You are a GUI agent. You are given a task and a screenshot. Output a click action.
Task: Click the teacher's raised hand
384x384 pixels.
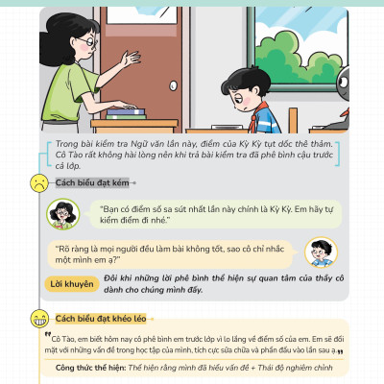click(x=127, y=60)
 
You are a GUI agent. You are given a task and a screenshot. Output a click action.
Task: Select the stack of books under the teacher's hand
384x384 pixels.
click(x=125, y=113)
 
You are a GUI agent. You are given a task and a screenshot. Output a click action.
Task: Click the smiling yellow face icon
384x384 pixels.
click(x=38, y=317)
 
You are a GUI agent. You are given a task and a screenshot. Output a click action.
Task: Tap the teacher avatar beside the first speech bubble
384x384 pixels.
click(x=64, y=213)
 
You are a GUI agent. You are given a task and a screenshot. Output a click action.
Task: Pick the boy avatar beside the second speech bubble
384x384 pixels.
click(x=320, y=252)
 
